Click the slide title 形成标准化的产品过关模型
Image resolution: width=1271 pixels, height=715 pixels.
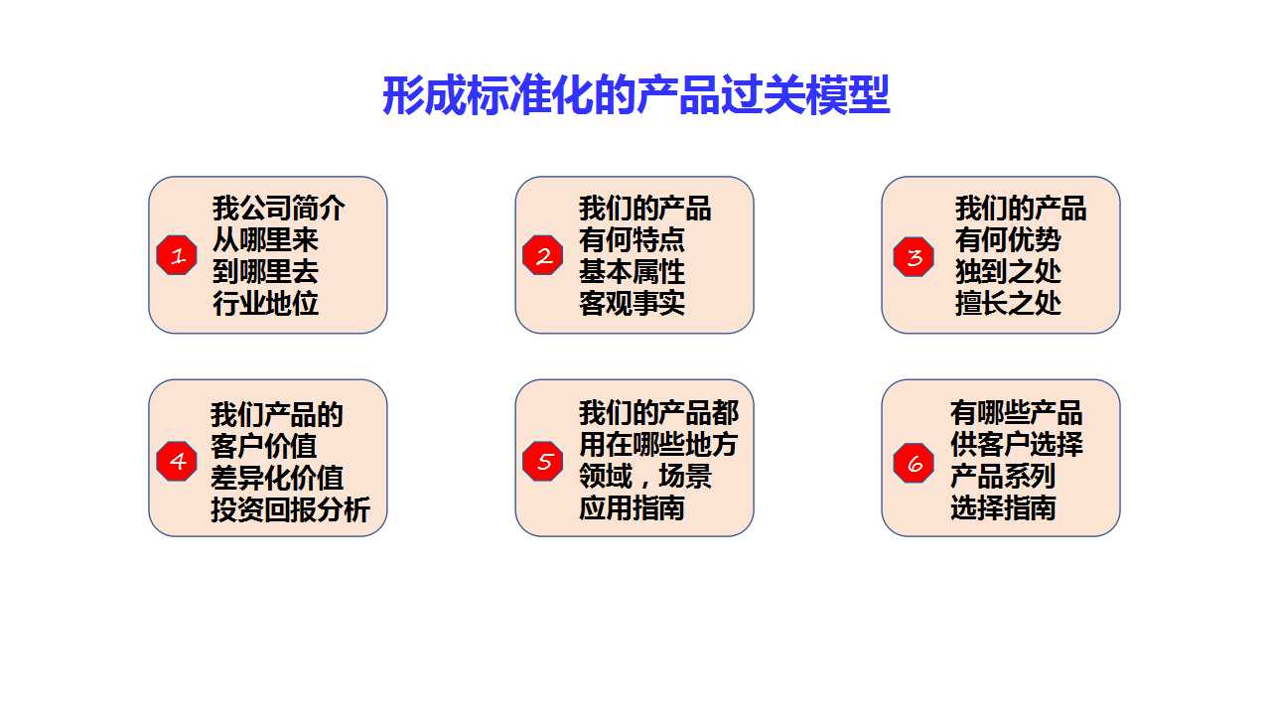pos(636,95)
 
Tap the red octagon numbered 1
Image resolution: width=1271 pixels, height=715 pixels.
pos(177,255)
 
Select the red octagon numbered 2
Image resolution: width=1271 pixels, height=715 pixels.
pos(543,255)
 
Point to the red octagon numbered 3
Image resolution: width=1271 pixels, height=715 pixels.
pos(914,256)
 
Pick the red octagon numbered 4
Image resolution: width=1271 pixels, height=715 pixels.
pos(177,462)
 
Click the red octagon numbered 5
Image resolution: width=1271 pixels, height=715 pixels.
pos(543,462)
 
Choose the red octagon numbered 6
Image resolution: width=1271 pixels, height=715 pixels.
pos(914,463)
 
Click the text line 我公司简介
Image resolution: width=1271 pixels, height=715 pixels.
pos(279,209)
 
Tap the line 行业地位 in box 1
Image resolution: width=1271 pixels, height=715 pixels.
pos(265,303)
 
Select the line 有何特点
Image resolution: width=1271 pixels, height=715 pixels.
pos(632,240)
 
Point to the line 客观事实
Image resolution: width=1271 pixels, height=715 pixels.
pos(632,303)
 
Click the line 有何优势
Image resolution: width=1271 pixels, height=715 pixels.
pos(1008,240)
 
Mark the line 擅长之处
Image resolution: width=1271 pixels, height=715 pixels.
pos(1008,303)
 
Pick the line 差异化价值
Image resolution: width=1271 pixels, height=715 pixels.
pos(277,478)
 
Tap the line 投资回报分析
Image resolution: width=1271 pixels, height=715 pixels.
pos(291,509)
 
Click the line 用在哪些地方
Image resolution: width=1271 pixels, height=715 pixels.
pos(658,444)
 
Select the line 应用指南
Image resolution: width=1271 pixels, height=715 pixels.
pos(632,507)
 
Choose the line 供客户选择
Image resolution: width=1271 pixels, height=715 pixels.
pos(1017,444)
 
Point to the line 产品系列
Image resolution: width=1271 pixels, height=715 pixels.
pos(1003,476)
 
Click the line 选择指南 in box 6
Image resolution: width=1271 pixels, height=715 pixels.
pos(1003,507)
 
